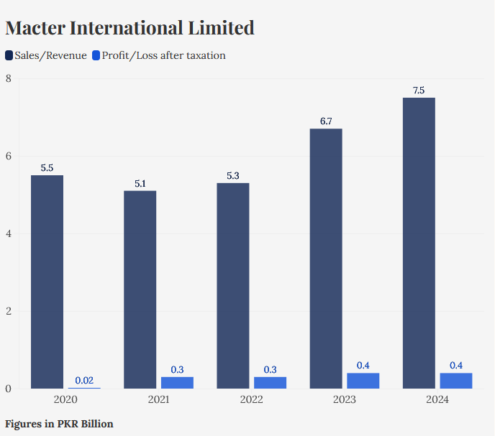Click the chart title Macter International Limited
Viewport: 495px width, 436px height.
pos(130,28)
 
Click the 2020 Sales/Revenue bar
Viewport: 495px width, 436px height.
pos(47,282)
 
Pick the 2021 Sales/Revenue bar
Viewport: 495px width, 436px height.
pos(140,289)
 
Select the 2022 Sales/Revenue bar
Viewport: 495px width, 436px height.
pos(233,286)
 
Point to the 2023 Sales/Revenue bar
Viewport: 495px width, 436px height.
pos(326,259)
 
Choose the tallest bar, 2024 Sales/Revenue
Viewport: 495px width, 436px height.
pos(419,243)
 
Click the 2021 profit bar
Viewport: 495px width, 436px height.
pos(177,383)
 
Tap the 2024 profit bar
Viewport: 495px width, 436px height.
pos(456,381)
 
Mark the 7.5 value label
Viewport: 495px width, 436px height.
pos(419,91)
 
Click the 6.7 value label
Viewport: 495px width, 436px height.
pos(326,121)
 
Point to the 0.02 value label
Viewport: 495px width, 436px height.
pos(84,380)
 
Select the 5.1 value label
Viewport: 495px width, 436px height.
pos(140,183)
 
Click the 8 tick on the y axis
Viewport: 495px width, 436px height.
pos(8,78)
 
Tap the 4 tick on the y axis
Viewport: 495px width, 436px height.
pos(8,233)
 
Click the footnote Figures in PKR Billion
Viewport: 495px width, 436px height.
pos(59,424)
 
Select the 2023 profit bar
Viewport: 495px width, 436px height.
pos(363,381)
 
